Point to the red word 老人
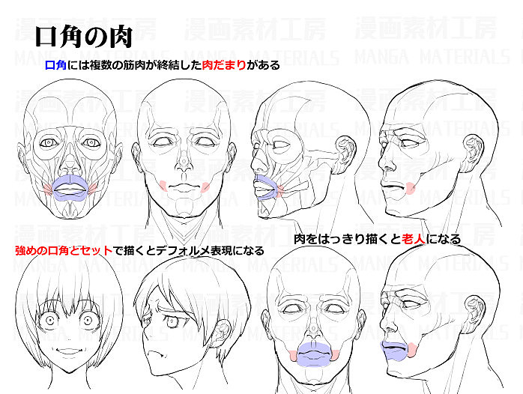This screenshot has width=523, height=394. coord(417,240)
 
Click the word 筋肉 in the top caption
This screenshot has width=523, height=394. coord(140,65)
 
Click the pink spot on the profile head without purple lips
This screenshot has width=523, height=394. coord(410,188)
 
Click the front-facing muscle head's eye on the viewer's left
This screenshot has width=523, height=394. coord(51,142)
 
